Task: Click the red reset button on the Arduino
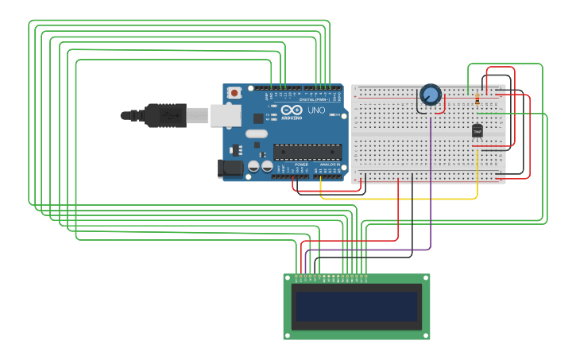(x=234, y=93)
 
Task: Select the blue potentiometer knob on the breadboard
(x=430, y=95)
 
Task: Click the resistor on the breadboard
(x=477, y=100)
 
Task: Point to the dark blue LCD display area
(x=357, y=306)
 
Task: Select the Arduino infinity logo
(x=291, y=110)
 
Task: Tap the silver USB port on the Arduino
(x=225, y=115)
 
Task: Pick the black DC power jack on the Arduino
(x=230, y=168)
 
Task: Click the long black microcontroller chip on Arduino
(x=307, y=152)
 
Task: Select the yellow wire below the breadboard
(x=397, y=198)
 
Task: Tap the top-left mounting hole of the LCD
(x=288, y=278)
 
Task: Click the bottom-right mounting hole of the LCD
(x=426, y=335)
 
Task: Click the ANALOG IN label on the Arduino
(x=329, y=165)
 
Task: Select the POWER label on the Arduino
(x=301, y=165)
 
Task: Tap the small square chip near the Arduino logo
(x=258, y=118)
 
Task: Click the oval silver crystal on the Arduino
(x=256, y=134)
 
